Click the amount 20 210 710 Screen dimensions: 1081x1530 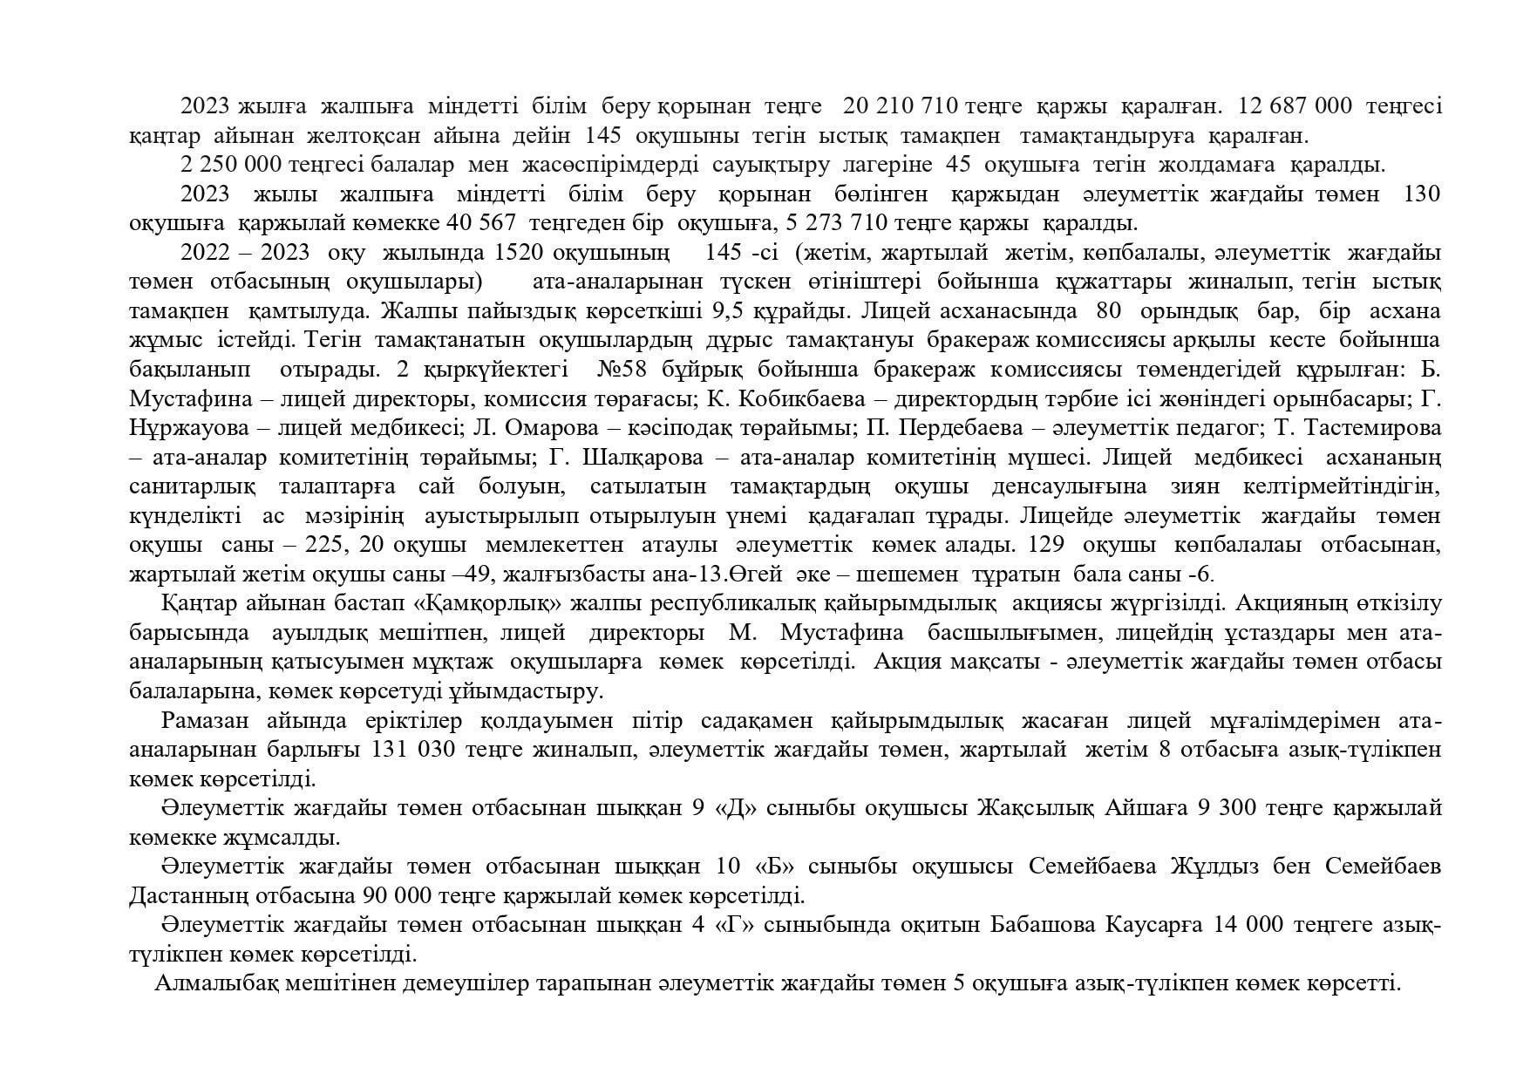[901, 106]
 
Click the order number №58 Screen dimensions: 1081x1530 [622, 370]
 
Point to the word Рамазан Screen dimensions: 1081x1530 [204, 721]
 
